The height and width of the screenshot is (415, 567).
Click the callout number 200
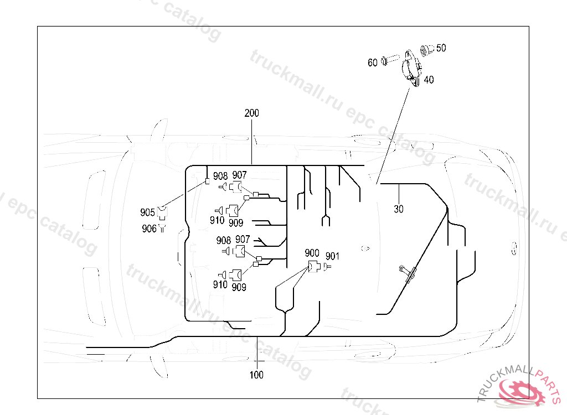[251, 113]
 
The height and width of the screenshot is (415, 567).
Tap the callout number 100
[256, 375]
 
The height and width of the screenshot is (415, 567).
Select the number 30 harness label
[399, 209]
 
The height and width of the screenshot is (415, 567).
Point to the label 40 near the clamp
[429, 80]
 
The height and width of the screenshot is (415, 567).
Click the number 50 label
[441, 48]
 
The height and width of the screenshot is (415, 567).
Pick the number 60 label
[373, 63]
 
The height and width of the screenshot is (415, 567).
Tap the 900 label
[312, 253]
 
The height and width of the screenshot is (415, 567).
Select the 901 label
[332, 256]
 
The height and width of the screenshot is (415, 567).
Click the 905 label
[147, 212]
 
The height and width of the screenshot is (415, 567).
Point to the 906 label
[149, 229]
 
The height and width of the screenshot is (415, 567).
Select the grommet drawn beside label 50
[427, 50]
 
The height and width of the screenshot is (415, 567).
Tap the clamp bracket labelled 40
[411, 68]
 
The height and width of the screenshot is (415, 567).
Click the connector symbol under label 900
[313, 267]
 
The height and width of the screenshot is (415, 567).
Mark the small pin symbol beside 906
[162, 227]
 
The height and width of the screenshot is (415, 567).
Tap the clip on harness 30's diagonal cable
[409, 272]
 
